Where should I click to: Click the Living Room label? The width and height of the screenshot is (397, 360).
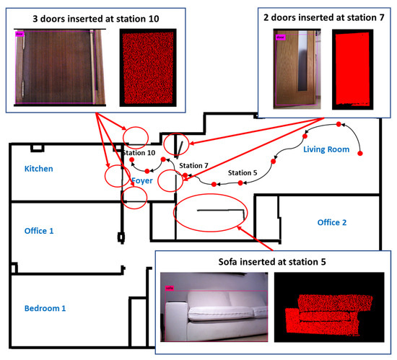[x=326, y=149]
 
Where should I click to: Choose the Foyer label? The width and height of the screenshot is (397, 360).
[x=141, y=181]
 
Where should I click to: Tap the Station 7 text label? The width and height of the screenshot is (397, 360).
[x=194, y=166]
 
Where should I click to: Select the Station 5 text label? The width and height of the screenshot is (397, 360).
[x=242, y=173]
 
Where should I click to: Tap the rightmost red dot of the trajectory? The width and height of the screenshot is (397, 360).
[x=359, y=153]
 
